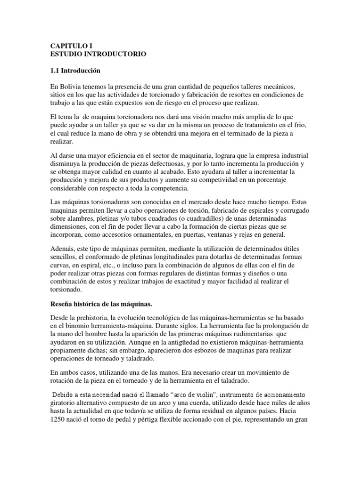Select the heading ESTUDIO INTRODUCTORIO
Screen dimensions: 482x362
(98, 55)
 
